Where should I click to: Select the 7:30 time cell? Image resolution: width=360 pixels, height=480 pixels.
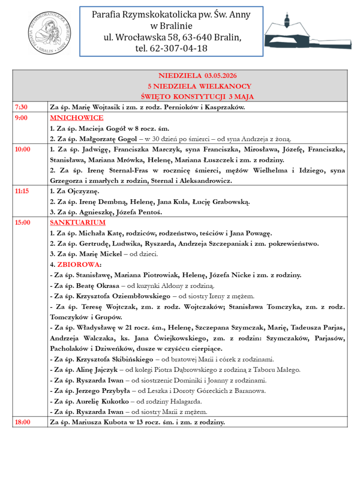[x=21, y=107]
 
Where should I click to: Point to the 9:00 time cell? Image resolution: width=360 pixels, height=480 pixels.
[x=22, y=118]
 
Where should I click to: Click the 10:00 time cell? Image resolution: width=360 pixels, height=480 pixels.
[x=22, y=150]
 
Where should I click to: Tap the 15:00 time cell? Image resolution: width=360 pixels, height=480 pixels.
[x=22, y=223]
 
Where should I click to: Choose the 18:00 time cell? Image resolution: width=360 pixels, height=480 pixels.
[x=22, y=422]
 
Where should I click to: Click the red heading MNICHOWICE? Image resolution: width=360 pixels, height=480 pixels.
[x=76, y=118]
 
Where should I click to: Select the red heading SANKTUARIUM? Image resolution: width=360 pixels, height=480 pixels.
[x=78, y=223]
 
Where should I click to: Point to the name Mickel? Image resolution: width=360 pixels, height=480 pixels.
[x=114, y=254]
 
